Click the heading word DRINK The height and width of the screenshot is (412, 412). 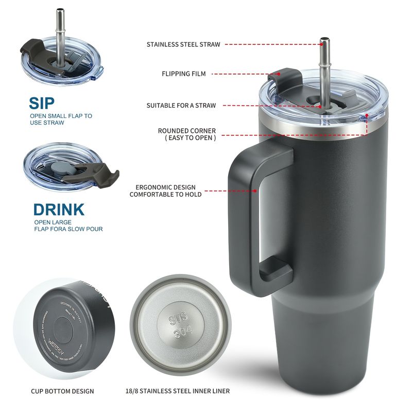(59, 210)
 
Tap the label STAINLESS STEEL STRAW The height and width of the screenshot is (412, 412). (183, 45)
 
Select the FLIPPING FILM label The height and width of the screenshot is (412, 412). (183, 74)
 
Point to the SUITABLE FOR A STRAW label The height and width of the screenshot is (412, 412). (181, 106)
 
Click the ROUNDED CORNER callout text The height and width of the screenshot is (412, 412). (186, 134)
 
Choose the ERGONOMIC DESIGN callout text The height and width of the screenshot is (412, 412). (165, 191)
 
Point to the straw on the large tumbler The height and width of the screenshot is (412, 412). (325, 67)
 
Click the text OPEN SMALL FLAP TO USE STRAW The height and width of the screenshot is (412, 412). (61, 119)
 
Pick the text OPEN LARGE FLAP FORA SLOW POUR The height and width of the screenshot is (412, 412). (68, 226)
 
